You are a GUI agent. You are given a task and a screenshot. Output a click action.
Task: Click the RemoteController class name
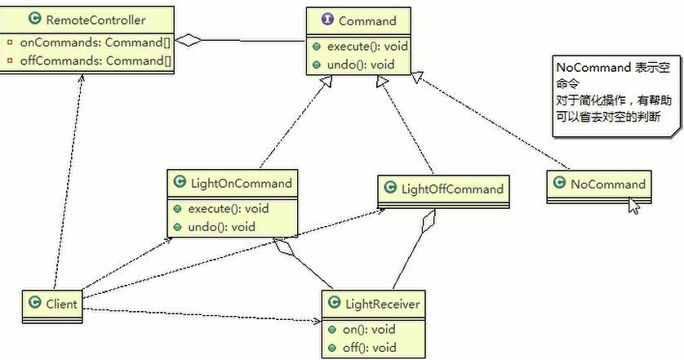coord(95,20)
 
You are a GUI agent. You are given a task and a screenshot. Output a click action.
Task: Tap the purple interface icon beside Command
coord(327,20)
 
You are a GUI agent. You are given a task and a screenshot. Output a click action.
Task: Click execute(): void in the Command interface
coord(367,47)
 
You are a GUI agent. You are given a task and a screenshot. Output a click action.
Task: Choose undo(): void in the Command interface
coord(361,64)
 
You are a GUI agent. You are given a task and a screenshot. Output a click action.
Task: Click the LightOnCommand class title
coord(242,183)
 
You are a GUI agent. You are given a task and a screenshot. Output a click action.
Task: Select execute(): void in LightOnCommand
coord(229,209)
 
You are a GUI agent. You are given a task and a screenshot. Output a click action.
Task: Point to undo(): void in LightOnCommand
coord(221,227)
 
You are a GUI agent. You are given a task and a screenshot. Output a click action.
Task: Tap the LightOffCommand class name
coord(452,189)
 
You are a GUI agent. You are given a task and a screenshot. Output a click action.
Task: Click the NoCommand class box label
coord(608,184)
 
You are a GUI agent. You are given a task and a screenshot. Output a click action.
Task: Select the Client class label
coord(61,304)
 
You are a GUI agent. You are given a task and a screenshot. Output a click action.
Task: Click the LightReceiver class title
coord(383,304)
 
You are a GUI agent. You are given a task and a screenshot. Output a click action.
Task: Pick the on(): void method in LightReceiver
coord(369,330)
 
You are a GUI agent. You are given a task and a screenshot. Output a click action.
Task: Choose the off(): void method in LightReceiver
coord(370,348)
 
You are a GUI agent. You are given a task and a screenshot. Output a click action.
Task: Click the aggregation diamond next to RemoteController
coord(189,40)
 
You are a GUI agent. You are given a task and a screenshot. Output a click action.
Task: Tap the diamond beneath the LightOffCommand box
coord(429,220)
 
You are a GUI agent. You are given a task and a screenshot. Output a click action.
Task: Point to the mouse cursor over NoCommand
coord(634,205)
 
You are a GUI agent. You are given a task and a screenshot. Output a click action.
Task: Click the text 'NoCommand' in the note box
coord(593,68)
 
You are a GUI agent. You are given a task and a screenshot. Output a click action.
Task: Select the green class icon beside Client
coord(34,302)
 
